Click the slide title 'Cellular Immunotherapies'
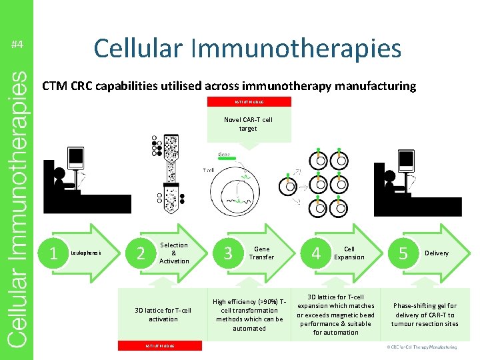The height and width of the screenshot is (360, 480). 247,48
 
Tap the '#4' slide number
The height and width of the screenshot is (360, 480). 17,45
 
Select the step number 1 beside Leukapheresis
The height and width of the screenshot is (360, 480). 54,253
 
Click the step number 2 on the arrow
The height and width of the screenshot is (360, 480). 140,253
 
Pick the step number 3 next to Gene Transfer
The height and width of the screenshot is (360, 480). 228,253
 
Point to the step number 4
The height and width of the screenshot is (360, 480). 316,253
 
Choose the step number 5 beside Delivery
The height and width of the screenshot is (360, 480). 402,253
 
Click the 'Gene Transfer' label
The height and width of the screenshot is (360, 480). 261,253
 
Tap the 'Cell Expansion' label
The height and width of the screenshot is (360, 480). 349,253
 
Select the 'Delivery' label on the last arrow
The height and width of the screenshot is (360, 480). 437,253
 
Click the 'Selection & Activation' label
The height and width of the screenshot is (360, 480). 174,253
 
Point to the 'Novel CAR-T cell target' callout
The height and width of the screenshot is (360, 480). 248,124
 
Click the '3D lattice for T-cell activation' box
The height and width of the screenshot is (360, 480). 163,315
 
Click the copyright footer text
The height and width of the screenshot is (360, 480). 423,347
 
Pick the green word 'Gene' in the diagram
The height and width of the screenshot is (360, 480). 224,154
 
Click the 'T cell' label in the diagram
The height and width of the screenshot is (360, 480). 208,171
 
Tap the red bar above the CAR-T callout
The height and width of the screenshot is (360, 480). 249,102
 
